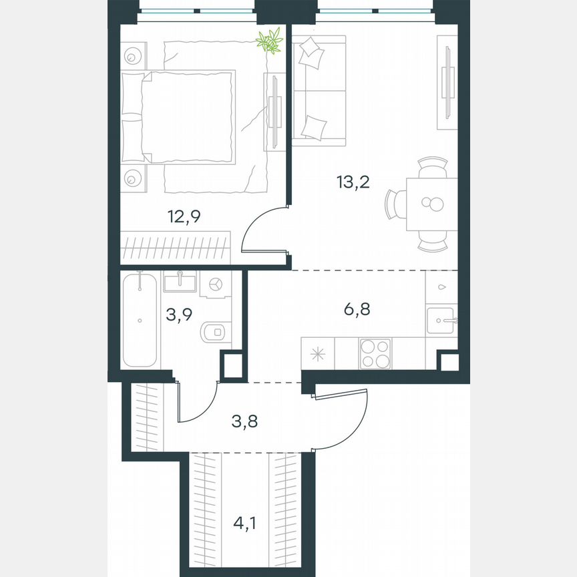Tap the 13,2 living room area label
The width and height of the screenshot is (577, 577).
(355, 182)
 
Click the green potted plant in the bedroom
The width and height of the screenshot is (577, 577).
(269, 41)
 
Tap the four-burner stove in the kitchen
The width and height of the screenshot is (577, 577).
(375, 353)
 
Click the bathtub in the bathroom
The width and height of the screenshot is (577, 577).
(140, 319)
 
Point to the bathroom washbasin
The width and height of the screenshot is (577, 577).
(180, 282)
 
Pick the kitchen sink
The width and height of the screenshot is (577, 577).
(441, 321)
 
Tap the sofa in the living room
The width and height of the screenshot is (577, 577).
(319, 89)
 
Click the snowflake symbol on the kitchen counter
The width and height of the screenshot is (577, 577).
(318, 353)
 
